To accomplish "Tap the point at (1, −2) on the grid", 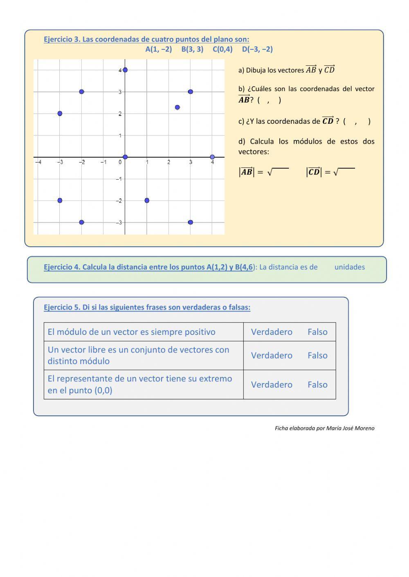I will pyautogui.click(x=147, y=201).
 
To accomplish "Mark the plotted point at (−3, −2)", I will pyautogui.click(x=60, y=201).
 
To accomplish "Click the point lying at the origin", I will pyautogui.click(x=125, y=157).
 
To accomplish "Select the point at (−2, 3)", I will pyautogui.click(x=81, y=92).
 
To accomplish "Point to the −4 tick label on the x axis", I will pyautogui.click(x=38, y=163).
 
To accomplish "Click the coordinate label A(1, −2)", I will pyautogui.click(x=159, y=49).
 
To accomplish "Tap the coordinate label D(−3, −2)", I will pyautogui.click(x=257, y=49).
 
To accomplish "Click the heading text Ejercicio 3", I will pyautogui.click(x=62, y=40).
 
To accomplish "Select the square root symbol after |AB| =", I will pyautogui.click(x=270, y=172).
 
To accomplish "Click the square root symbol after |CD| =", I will pyautogui.click(x=336, y=172).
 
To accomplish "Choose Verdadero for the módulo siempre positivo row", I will pyautogui.click(x=272, y=332).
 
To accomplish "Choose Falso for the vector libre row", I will pyautogui.click(x=317, y=356).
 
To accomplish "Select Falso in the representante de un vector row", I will pyautogui.click(x=317, y=385).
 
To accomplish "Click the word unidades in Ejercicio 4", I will pyautogui.click(x=349, y=267).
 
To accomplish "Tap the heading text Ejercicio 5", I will pyautogui.click(x=62, y=307).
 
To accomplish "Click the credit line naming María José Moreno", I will pyautogui.click(x=324, y=428).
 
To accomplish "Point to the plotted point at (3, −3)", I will pyautogui.click(x=191, y=223).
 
